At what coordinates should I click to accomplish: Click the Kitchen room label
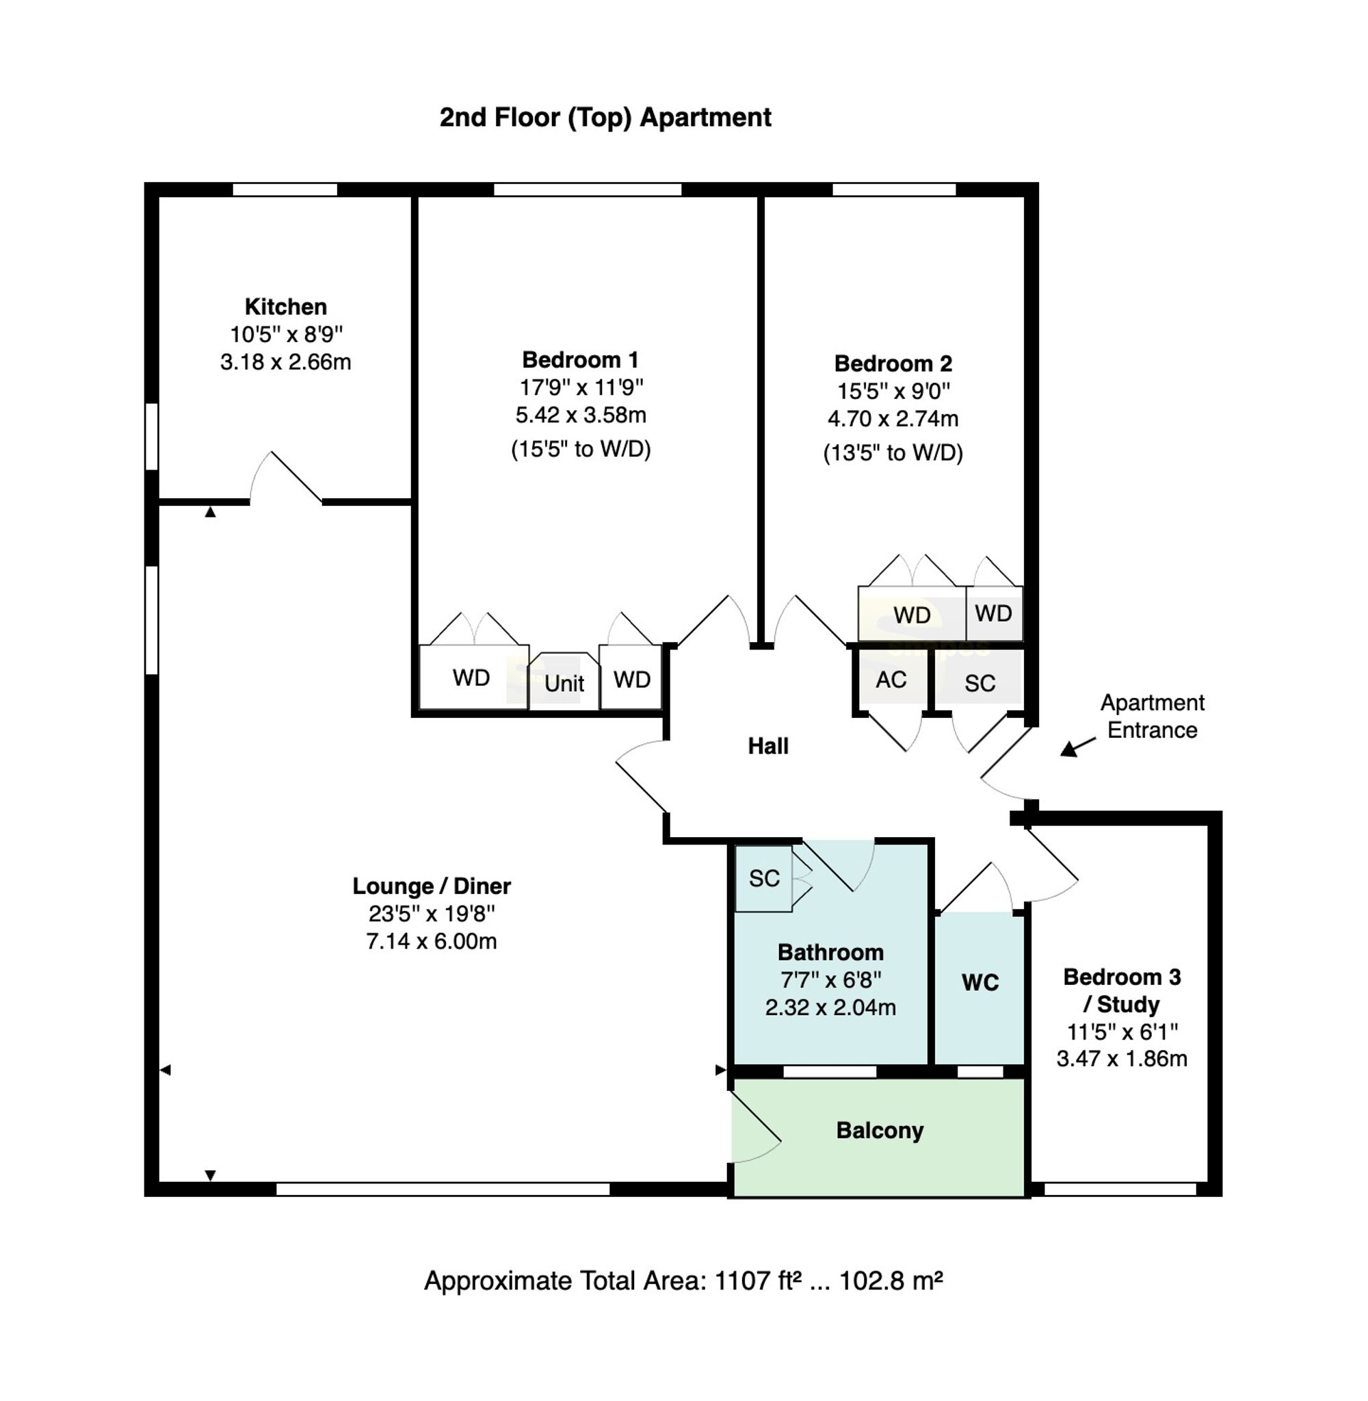click(285, 307)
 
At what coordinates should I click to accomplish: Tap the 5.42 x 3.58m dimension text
click(581, 415)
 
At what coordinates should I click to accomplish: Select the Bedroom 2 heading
click(893, 363)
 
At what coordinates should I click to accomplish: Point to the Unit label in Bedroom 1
click(564, 684)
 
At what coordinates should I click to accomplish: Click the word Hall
click(768, 746)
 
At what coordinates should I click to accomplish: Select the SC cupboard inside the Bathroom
click(764, 878)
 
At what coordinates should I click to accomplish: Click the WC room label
click(980, 983)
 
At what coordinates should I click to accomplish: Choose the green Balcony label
click(880, 1131)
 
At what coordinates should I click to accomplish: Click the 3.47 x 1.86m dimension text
click(1121, 1059)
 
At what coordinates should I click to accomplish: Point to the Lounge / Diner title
click(431, 886)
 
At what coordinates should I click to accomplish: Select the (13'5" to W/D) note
click(893, 453)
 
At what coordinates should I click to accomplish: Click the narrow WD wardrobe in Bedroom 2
click(993, 613)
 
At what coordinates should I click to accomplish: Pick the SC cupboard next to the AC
click(979, 684)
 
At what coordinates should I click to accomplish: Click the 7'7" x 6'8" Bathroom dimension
click(830, 980)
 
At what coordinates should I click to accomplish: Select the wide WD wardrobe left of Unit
click(471, 678)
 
